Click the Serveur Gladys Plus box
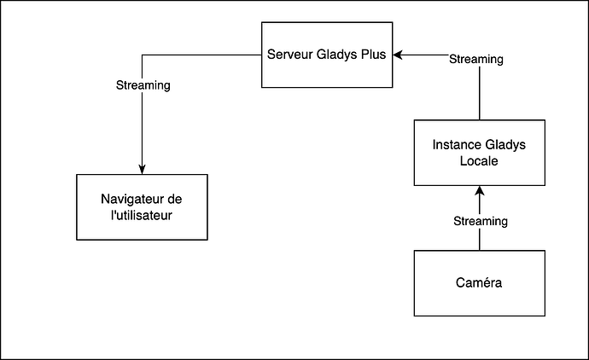(x=326, y=55)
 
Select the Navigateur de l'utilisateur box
(x=142, y=207)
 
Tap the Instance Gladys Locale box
(x=479, y=153)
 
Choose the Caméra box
(x=479, y=282)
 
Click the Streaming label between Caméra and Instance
(x=479, y=221)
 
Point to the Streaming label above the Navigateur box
(x=143, y=85)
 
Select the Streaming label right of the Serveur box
(x=475, y=60)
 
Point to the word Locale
(x=479, y=160)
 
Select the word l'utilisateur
(x=142, y=215)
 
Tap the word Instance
(x=457, y=145)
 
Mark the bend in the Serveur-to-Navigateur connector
(x=142, y=55)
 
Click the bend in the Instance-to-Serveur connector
(x=479, y=55)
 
